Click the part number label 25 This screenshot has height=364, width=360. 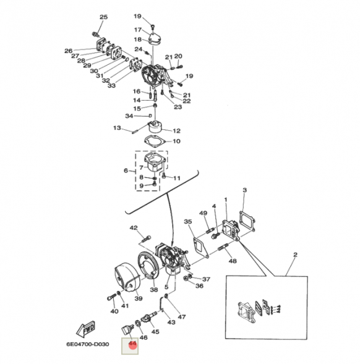(103, 17)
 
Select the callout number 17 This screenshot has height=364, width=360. (138, 30)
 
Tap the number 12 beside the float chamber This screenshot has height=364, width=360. (176, 131)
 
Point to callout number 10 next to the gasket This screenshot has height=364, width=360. (176, 142)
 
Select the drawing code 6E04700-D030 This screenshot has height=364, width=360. (88, 344)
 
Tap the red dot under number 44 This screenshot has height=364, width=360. (132, 345)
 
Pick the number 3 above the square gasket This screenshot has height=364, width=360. (244, 190)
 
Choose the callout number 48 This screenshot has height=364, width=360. (233, 261)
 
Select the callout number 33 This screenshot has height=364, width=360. (111, 86)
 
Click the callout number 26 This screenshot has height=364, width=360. (68, 51)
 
